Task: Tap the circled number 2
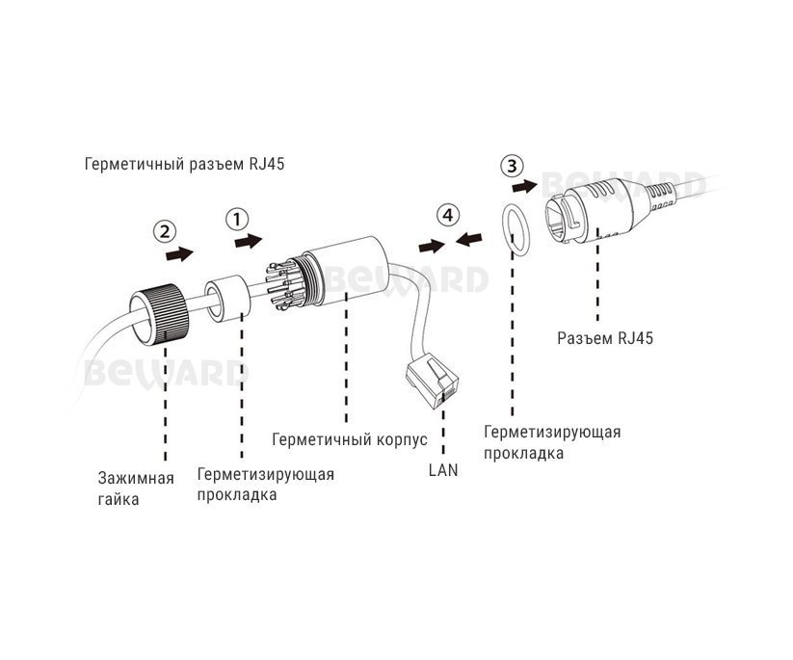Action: click(x=166, y=231)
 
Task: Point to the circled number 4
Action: click(x=444, y=215)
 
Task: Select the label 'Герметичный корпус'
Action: click(x=343, y=437)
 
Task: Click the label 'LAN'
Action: click(x=443, y=471)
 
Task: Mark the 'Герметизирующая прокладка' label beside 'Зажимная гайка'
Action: click(x=265, y=485)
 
